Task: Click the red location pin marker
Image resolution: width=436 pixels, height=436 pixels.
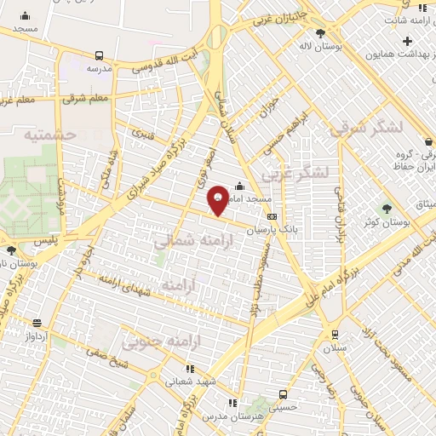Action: click(x=218, y=199)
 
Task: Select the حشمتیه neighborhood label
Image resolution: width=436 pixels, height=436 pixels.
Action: click(x=49, y=135)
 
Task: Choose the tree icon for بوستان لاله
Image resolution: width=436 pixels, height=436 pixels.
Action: click(x=320, y=33)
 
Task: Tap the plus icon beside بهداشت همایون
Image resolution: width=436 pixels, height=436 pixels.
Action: click(x=408, y=41)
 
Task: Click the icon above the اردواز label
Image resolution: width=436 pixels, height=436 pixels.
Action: click(x=37, y=323)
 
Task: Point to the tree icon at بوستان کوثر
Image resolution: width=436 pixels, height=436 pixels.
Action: click(x=388, y=208)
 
